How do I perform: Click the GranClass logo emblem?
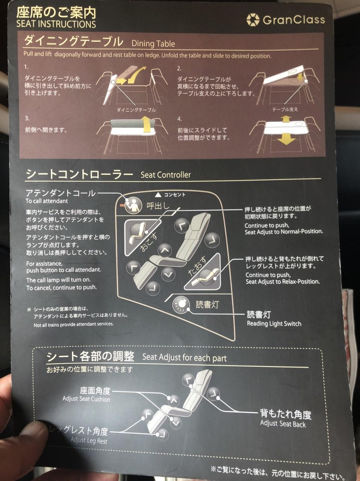(253, 20)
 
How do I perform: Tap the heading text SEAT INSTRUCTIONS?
(56, 24)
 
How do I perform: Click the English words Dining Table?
(153, 44)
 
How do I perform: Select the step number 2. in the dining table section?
(179, 69)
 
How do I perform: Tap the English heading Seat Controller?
(166, 175)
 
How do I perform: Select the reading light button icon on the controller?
(181, 304)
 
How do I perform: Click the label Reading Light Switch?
(274, 324)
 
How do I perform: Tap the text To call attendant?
(47, 201)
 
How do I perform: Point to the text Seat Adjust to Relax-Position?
(283, 281)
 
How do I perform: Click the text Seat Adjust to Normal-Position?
(284, 231)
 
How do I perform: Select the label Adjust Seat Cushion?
(86, 399)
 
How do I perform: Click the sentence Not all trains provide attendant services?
(74, 324)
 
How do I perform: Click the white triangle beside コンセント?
(158, 195)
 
